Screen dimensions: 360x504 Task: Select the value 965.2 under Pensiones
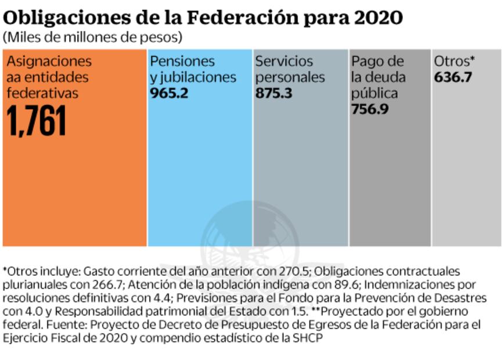(169, 93)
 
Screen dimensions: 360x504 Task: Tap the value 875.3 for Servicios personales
(274, 93)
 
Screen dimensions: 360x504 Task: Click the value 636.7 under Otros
(453, 77)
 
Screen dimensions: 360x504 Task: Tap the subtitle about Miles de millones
(92, 37)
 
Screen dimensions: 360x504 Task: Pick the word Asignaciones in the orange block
(49, 62)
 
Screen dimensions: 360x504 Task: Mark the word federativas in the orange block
(43, 93)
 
